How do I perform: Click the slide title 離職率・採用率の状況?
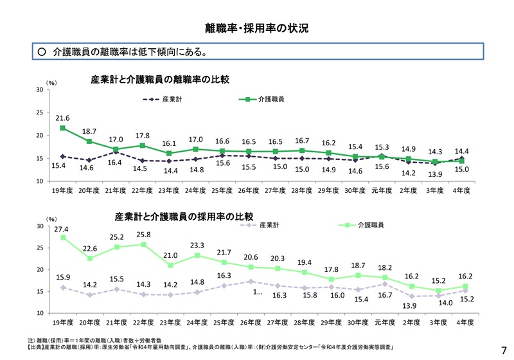pos(257,28)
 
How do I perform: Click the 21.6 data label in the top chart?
pos(62,118)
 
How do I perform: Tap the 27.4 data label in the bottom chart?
pos(62,229)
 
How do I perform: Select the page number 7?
pos(503,350)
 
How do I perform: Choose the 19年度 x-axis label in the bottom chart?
pos(63,321)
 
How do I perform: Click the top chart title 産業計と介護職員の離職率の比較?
pos(161,80)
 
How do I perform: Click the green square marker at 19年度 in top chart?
pos(63,128)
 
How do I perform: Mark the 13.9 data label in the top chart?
pos(435,175)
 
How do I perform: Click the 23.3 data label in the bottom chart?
pos(196,245)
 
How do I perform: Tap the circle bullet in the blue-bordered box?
pos(42,51)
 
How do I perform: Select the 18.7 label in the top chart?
pos(89,131)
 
